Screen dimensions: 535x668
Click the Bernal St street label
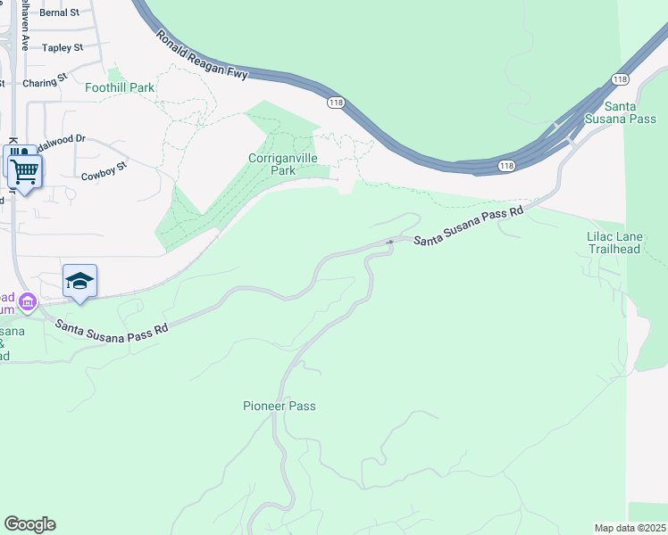pos(60,13)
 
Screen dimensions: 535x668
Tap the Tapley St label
pos(63,47)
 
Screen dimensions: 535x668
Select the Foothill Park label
pos(120,88)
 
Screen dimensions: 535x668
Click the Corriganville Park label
pos(283,164)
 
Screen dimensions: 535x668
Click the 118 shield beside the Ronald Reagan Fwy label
pos(336,103)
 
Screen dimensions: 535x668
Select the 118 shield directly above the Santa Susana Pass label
pos(621,79)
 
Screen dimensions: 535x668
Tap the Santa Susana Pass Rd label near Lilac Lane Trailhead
pos(469,226)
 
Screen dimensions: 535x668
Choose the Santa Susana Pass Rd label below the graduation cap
pos(112,327)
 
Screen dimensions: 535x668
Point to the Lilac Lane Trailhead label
pos(614,243)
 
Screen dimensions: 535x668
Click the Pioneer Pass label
pos(280,406)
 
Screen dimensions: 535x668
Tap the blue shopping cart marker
pos(25,169)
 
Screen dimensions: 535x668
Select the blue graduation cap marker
pos(79,282)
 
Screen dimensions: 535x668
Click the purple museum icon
pos(28,303)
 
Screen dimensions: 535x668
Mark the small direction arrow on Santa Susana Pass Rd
pos(389,242)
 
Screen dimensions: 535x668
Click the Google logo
pos(29,524)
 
